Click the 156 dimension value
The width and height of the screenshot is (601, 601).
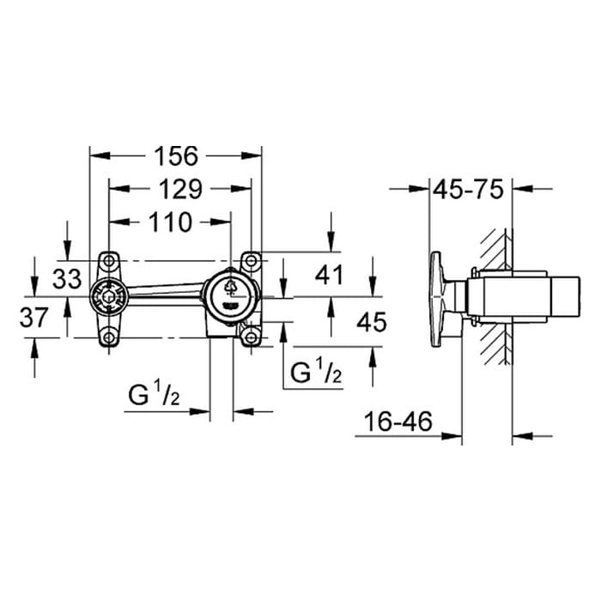coord(176,156)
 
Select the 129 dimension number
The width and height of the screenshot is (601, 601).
coord(180,189)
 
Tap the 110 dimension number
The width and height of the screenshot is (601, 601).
coord(170,222)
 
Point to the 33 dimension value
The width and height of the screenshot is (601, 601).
coord(67,279)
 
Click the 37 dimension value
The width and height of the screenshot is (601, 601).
coord(33,318)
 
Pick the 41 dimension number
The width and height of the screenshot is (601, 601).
coord(329,276)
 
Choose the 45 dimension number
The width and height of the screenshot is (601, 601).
coord(372,322)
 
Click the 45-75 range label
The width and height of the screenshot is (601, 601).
coord(468,190)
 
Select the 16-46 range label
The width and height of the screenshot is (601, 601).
coord(398,422)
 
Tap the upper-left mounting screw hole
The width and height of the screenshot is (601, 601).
coord(109,261)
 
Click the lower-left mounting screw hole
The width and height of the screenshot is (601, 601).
coord(109,337)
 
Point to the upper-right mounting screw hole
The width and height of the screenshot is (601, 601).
coord(251,261)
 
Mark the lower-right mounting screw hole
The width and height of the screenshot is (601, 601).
coord(251,337)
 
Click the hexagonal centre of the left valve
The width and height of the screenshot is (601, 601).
coord(109,297)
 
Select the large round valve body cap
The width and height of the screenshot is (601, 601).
coord(230,297)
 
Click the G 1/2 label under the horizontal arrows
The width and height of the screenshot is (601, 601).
coord(154,394)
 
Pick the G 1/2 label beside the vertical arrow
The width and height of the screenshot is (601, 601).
coord(316,371)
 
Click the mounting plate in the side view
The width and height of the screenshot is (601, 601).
coord(437,299)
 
